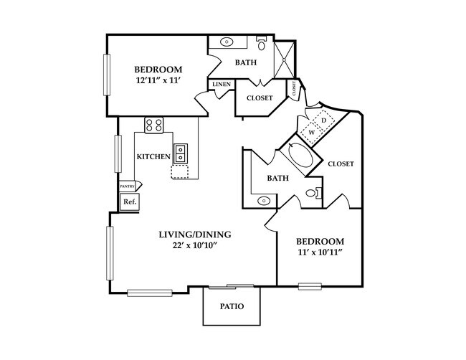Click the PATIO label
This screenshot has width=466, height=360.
pos(232,307)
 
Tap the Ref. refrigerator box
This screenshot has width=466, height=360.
pos(130,202)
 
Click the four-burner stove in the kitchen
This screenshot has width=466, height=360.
pos(154,125)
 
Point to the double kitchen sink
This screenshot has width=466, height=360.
pos(181,153)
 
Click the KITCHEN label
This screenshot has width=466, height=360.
pos(153,156)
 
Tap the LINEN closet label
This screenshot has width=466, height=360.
pos(220,85)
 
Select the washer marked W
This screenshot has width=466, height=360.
pos(313,132)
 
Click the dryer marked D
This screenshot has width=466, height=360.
pos(324,120)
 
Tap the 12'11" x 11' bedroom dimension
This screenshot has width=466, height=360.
pos(158,82)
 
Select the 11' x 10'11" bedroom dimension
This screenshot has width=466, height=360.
pos(320,252)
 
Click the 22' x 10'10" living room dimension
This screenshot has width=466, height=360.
pos(194,246)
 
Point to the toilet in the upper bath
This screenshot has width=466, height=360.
pos(262,45)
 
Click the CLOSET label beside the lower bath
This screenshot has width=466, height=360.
pos(341,164)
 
